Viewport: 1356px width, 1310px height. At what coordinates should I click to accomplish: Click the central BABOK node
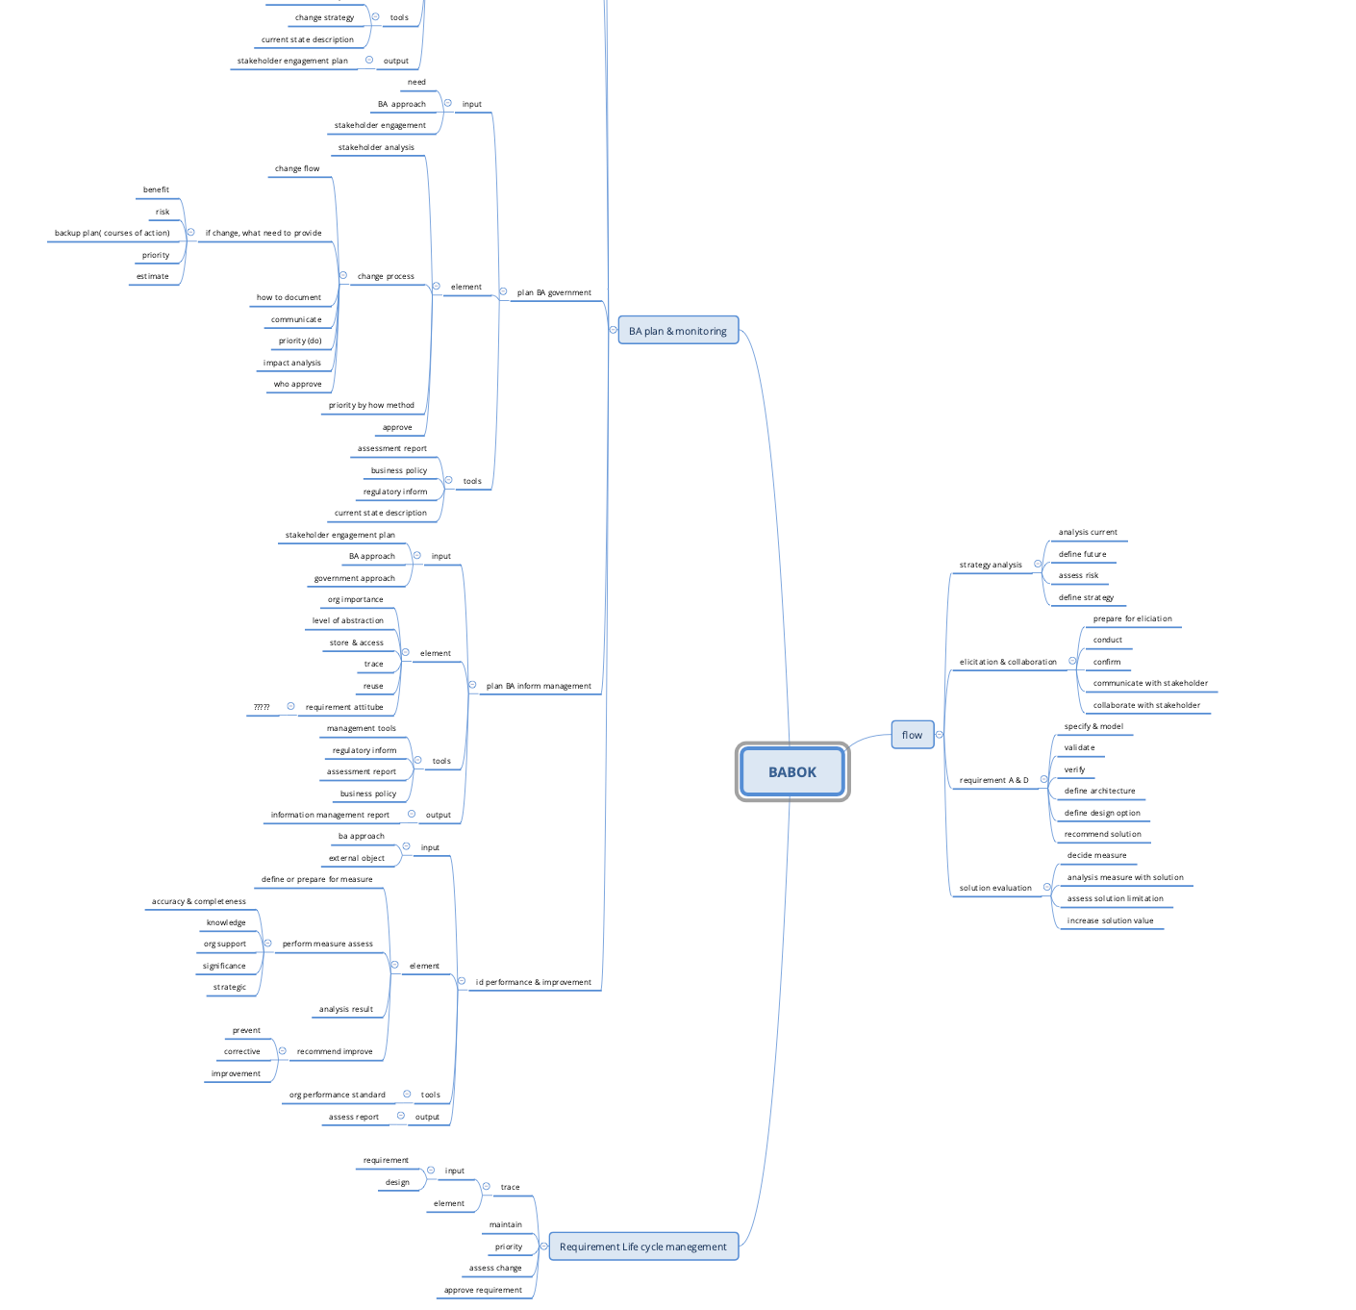click(x=792, y=772)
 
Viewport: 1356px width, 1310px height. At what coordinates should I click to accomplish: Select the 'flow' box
click(x=912, y=735)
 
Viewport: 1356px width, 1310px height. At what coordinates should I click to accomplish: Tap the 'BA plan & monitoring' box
click(x=678, y=331)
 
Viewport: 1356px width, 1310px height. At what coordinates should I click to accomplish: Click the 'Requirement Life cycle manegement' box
click(x=643, y=1247)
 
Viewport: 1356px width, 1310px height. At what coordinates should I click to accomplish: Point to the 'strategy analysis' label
click(x=991, y=566)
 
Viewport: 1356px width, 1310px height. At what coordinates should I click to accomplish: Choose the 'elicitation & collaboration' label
click(x=1008, y=662)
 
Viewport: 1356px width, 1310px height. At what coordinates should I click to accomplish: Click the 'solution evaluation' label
click(x=995, y=888)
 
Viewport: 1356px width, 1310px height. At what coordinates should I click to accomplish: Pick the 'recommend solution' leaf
click(x=1102, y=834)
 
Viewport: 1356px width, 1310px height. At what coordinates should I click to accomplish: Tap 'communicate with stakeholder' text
click(x=1150, y=684)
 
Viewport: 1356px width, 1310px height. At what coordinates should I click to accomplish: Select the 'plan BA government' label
click(x=554, y=292)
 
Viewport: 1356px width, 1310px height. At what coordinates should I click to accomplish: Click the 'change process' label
click(x=386, y=277)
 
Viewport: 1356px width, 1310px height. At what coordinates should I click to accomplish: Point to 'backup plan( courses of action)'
click(x=113, y=234)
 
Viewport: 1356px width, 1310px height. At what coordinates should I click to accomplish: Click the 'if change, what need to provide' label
click(x=264, y=234)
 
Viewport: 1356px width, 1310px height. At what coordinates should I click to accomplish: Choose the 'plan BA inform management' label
click(x=539, y=687)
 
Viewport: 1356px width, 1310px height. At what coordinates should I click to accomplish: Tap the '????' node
click(x=262, y=707)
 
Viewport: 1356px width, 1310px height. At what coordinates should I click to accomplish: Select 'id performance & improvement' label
click(x=533, y=983)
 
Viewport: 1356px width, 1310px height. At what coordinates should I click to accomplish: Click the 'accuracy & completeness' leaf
click(x=199, y=901)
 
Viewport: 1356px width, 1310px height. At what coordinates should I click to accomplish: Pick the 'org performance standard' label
click(x=338, y=1095)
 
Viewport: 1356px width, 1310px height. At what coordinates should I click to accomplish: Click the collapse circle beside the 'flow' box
click(x=940, y=735)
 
